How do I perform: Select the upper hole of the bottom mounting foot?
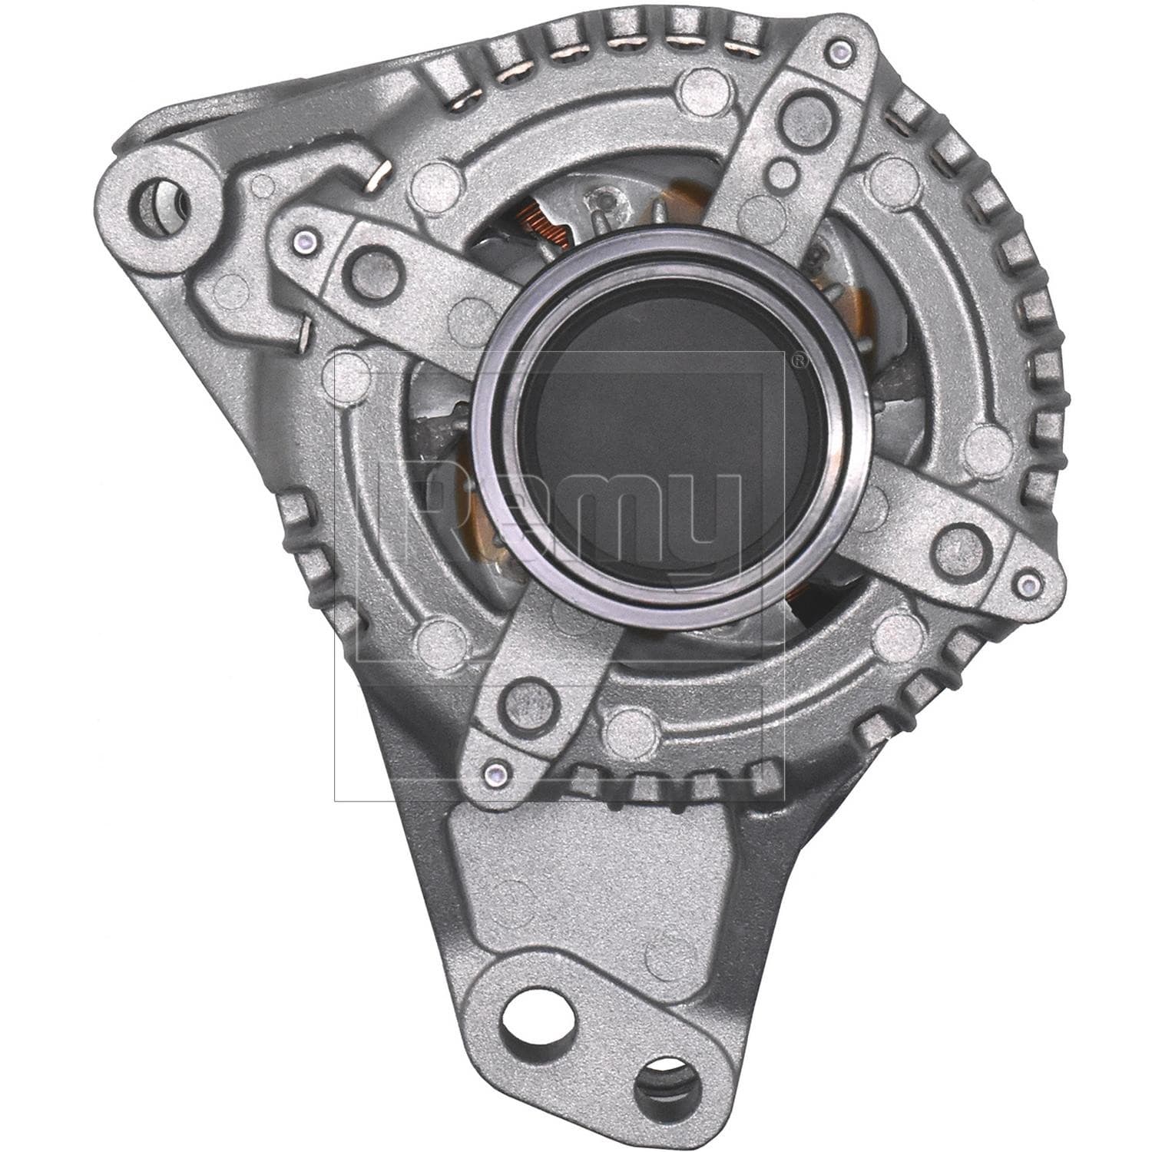click(x=531, y=1043)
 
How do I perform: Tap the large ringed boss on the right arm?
click(x=958, y=545)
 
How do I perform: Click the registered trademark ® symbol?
click(x=798, y=359)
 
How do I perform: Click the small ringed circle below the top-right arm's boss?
click(x=781, y=171)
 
